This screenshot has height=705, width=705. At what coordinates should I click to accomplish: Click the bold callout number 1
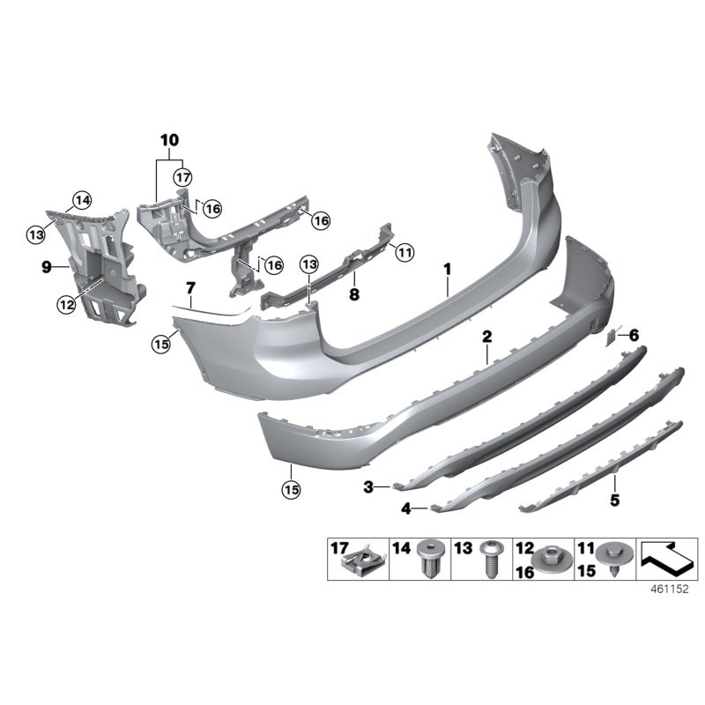pos(448,267)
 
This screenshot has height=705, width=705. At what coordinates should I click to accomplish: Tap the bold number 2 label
pos(486,337)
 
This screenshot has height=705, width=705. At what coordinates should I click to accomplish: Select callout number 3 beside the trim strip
pos(370,486)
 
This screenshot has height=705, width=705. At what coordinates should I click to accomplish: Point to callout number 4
pos(405,508)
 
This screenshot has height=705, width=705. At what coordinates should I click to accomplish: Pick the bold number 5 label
pos(614,500)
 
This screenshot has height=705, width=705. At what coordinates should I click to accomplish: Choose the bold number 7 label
pos(189,287)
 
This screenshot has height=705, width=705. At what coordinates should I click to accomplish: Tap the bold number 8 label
pos(354,296)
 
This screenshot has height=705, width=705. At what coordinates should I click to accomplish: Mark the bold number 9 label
pos(47,263)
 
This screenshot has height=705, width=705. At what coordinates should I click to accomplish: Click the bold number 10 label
pos(168,140)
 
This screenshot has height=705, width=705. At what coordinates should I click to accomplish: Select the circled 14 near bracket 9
pos(82,199)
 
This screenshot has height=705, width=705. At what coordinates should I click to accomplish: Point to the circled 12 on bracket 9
pos(67,304)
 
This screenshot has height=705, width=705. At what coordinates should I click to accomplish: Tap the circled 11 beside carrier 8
pos(404,253)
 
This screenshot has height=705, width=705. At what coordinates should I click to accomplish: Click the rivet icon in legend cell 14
pos(431,560)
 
